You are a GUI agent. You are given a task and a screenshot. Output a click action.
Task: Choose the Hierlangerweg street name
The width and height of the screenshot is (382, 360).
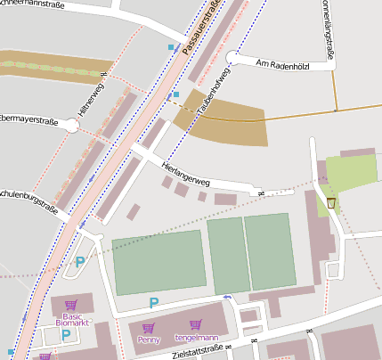pos(185,174)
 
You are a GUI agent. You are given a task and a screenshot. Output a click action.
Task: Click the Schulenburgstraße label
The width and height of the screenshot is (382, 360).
pos(30,201)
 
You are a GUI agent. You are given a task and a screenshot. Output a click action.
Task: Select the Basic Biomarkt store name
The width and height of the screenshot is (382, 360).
pos(71,320)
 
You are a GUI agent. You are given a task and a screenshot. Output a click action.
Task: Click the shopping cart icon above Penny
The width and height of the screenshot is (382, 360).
pos(149,328)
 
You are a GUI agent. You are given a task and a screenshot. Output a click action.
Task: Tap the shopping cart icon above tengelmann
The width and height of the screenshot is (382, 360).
pos(195,325)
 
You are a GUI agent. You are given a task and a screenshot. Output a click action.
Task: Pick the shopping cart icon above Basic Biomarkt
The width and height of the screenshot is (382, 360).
pos(71,304)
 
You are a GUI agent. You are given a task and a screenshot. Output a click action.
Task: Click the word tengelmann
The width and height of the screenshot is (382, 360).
pos(195,338)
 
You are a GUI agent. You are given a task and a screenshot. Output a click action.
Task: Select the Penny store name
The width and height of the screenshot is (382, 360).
pos(149,340)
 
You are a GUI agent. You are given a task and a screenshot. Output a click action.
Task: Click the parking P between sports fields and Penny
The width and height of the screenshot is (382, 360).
pos(155,302)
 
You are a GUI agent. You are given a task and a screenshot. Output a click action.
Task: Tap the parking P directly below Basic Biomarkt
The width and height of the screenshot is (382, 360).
pos(66,334)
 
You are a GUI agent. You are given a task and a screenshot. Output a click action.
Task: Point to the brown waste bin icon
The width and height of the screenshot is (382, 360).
pos(331,203)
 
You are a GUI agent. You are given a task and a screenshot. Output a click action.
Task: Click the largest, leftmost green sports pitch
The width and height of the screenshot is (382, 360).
pos(158,262)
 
